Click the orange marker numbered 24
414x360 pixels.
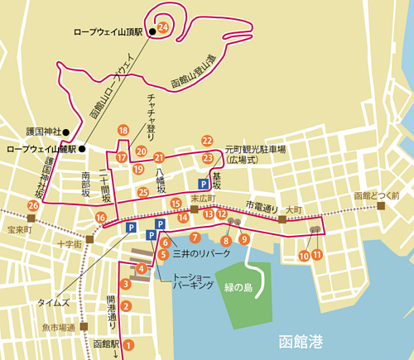tap(162, 27)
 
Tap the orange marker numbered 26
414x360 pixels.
tap(33, 205)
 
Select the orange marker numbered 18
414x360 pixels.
tap(123, 130)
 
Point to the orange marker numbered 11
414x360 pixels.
tap(317, 256)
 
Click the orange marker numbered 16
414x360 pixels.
tap(100, 217)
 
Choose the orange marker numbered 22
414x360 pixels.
tap(207, 141)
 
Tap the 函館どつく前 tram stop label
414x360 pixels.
tap(377, 195)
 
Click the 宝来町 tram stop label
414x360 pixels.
tap(17, 229)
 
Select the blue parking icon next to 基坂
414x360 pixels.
tap(203, 185)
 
